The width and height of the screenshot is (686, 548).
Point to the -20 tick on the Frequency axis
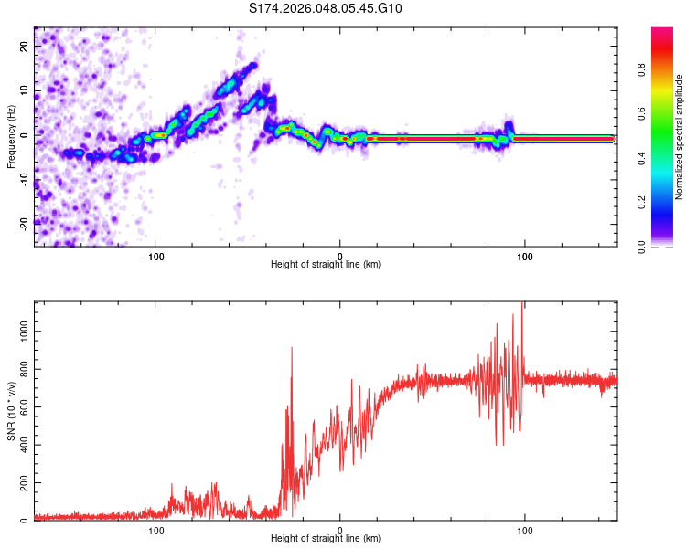pos(25,223)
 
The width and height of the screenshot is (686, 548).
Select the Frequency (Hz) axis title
pos(11,136)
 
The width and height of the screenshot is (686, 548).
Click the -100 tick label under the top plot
pos(155,256)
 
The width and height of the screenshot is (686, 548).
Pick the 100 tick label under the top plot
pos(525,256)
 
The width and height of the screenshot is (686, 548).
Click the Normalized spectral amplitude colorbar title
pos(680,137)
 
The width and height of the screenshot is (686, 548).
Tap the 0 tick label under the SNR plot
pos(340,530)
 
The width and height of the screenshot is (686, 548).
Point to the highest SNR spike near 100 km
pos(522,303)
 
